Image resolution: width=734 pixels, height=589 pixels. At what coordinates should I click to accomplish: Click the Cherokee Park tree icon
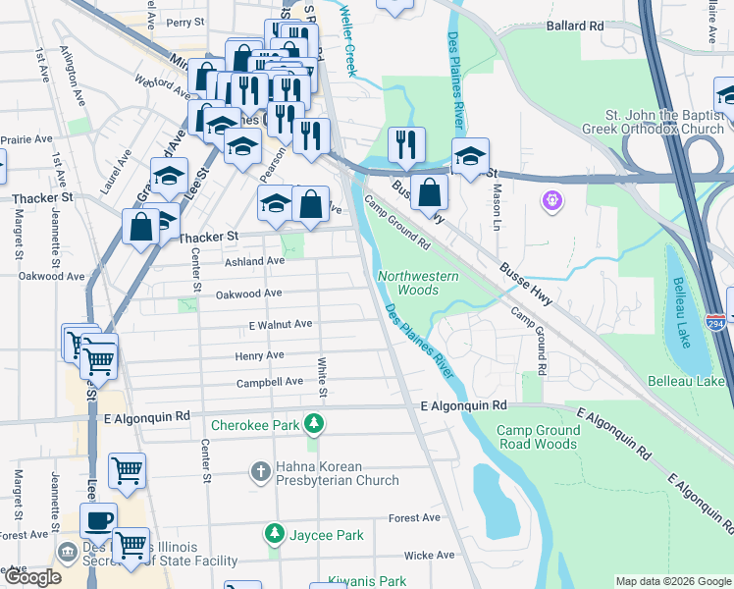[x=313, y=425]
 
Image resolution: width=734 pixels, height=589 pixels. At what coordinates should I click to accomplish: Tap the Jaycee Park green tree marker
[x=274, y=534]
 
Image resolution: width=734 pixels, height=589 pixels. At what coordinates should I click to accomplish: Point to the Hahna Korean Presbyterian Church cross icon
[x=261, y=472]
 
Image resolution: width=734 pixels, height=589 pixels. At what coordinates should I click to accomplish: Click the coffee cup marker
[x=98, y=519]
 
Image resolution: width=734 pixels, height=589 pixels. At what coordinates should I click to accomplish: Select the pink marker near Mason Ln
[x=553, y=200]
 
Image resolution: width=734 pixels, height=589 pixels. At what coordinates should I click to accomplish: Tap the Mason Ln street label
[x=498, y=201]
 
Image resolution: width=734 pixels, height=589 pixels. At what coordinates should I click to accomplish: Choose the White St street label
[x=322, y=378]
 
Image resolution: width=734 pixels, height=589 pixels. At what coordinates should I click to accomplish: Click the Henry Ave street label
[x=259, y=355]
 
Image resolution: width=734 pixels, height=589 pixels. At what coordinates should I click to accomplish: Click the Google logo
[x=33, y=577]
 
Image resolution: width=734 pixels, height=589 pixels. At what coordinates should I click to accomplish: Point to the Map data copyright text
[x=672, y=581]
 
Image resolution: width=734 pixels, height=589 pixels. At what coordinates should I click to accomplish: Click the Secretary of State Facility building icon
[x=67, y=552]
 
